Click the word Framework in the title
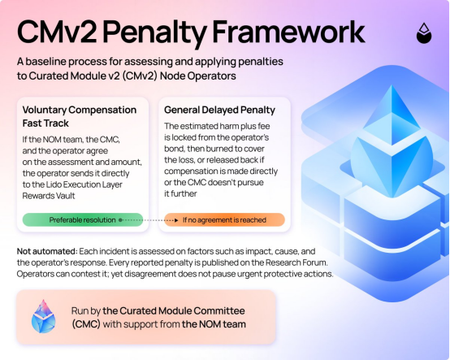[x=288, y=33]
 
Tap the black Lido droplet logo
[x=424, y=33]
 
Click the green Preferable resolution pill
[x=83, y=220]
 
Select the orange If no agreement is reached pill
[x=224, y=220]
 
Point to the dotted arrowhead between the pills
[x=176, y=220]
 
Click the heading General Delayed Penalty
[x=219, y=110]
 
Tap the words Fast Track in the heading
[x=45, y=124]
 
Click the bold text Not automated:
[x=47, y=251]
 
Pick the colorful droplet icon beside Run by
[x=43, y=316]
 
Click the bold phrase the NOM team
[x=214, y=324]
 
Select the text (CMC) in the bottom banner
[x=86, y=324]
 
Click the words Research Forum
[x=296, y=262]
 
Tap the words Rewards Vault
[x=49, y=196]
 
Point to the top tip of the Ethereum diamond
[x=392, y=85]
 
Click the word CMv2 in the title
[x=57, y=33]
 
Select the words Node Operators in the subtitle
[x=198, y=76]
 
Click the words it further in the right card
[x=180, y=193]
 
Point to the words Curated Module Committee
[x=182, y=311]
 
